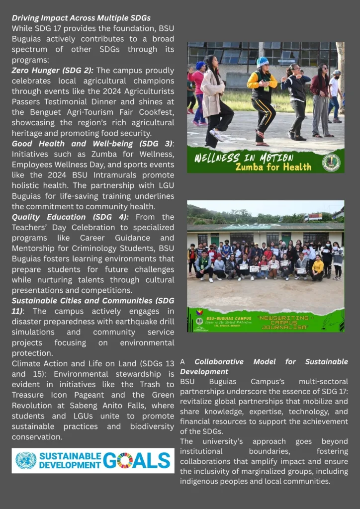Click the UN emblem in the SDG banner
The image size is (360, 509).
click(x=26, y=461)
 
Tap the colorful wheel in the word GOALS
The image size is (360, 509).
click(x=124, y=461)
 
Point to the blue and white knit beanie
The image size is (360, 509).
click(x=263, y=63)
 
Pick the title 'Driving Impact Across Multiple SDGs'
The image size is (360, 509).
click(x=81, y=18)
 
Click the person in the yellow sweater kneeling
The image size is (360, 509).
click(x=318, y=269)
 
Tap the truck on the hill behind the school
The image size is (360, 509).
click(x=313, y=217)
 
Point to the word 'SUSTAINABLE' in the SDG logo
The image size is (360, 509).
click(x=70, y=456)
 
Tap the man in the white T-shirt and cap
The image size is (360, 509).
click(x=335, y=94)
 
